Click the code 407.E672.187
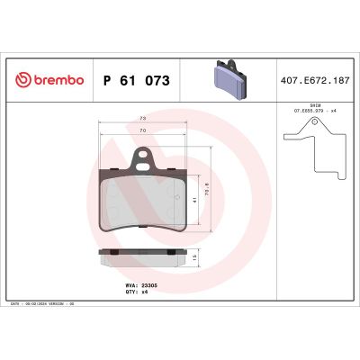pos(314,80)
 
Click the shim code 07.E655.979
pos(307,111)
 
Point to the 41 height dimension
pos(195,200)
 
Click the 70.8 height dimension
pos(207,192)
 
